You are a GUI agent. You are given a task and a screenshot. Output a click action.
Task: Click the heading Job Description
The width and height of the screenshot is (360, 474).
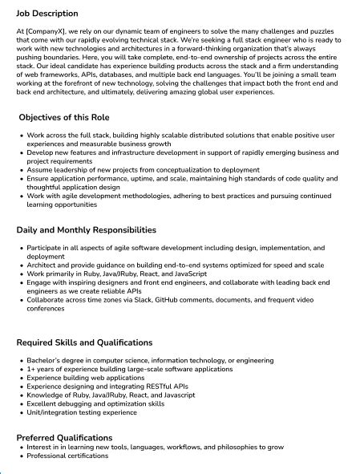click(x=47, y=14)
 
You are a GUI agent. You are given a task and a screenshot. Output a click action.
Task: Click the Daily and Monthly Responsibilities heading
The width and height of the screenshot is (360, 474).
click(x=87, y=230)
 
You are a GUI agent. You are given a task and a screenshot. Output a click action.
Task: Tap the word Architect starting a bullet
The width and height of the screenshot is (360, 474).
click(x=42, y=265)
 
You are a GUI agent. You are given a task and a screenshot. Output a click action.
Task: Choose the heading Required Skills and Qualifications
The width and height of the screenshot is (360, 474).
click(x=84, y=342)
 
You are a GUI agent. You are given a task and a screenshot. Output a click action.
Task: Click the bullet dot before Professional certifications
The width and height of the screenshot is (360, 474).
click(x=21, y=456)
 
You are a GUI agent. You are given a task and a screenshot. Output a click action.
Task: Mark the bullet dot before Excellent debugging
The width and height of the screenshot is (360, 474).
click(x=21, y=404)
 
